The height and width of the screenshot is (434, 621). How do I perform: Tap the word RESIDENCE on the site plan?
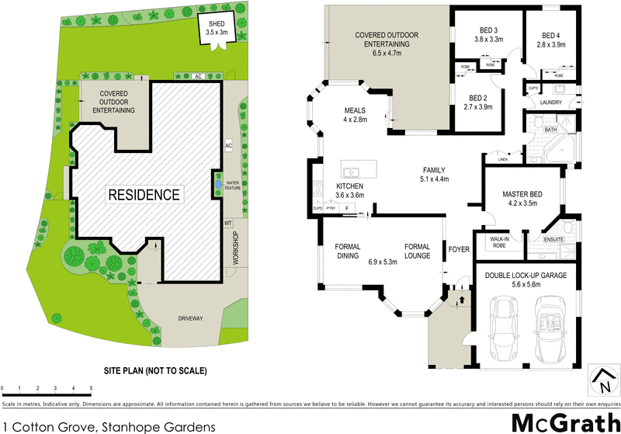[144, 194]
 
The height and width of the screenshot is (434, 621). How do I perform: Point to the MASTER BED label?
[523, 198]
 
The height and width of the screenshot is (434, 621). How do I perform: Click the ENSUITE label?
[555, 239]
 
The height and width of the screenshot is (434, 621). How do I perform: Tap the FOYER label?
[459, 250]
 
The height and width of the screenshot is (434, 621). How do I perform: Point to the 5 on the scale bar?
[91, 387]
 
